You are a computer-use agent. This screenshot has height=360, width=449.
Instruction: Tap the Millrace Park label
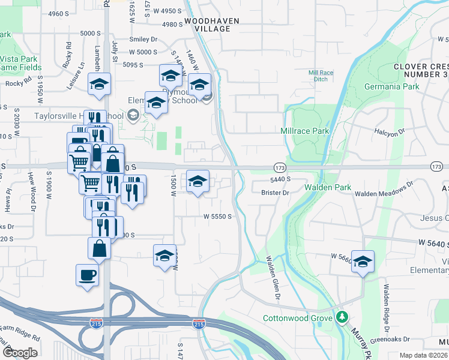coord(305,131)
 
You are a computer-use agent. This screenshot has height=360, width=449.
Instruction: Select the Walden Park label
coord(327,188)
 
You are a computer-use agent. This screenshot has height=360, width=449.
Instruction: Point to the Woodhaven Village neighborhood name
coord(211,25)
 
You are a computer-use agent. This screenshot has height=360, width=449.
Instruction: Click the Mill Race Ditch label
coord(320,76)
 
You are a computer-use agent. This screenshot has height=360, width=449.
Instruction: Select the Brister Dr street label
coord(276,193)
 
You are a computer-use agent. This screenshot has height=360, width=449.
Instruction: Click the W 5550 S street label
coord(217,216)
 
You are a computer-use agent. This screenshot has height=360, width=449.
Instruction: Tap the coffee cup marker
coord(88,275)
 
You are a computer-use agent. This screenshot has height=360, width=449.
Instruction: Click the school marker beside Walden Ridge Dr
coord(363,262)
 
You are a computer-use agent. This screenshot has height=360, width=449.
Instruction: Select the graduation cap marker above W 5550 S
coord(197,181)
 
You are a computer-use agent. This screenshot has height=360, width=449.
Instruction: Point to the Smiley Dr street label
coord(143,40)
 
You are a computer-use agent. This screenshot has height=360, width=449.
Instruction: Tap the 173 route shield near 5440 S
coord(280,166)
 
